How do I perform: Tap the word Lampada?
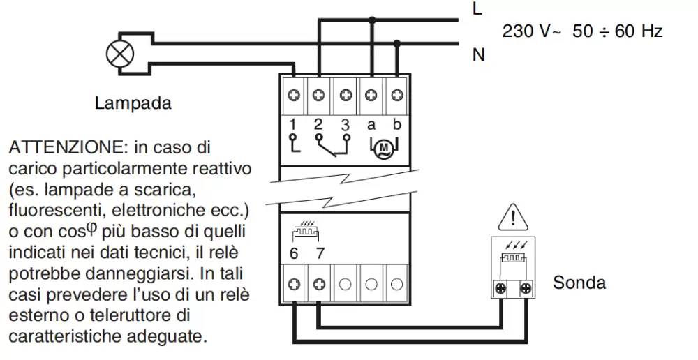(x=133, y=104)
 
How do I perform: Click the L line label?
(x=477, y=9)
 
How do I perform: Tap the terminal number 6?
(x=294, y=253)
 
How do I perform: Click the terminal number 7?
(x=319, y=253)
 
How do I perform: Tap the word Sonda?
(x=579, y=283)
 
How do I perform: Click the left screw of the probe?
(x=500, y=287)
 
